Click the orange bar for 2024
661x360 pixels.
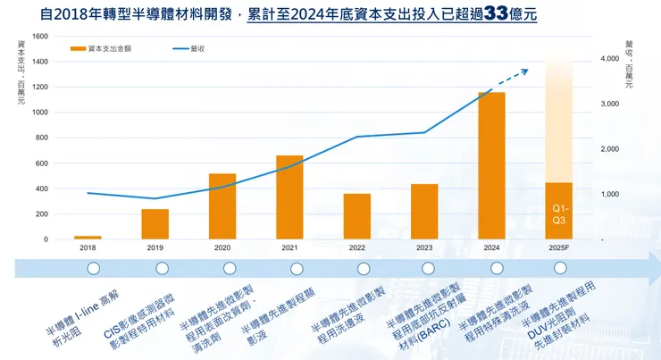[x=491, y=166]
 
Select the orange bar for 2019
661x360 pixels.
[x=155, y=224]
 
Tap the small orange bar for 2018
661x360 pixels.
[x=88, y=238]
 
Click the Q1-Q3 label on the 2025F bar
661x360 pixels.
[x=558, y=213]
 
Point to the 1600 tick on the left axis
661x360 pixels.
[x=40, y=36]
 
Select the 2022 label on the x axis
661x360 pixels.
[x=356, y=247]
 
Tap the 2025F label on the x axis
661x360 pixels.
[x=558, y=247]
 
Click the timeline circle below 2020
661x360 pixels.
[x=230, y=268]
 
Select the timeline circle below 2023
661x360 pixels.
[x=431, y=268]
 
